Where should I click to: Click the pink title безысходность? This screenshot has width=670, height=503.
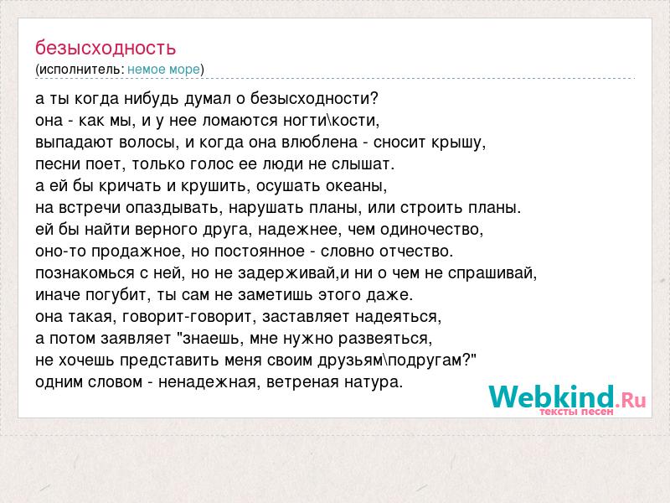point(106,49)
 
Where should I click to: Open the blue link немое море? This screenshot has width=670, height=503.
point(163,70)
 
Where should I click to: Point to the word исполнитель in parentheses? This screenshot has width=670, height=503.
point(81,70)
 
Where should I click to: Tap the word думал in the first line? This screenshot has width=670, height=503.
point(207,99)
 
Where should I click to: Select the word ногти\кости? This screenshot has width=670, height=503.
point(331,121)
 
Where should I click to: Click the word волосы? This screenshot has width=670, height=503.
point(149,142)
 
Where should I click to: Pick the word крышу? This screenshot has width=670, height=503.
point(458,143)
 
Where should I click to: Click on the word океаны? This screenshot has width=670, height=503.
point(357,186)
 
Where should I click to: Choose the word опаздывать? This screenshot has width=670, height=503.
point(174,208)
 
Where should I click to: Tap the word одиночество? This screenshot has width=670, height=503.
point(431,230)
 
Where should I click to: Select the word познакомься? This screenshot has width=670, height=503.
point(85,273)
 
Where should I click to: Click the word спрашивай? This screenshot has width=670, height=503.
point(492,273)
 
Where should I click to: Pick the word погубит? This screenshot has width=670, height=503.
point(118,296)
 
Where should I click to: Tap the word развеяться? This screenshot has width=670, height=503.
point(385,339)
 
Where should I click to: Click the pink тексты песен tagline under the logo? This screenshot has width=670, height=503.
point(576,412)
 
